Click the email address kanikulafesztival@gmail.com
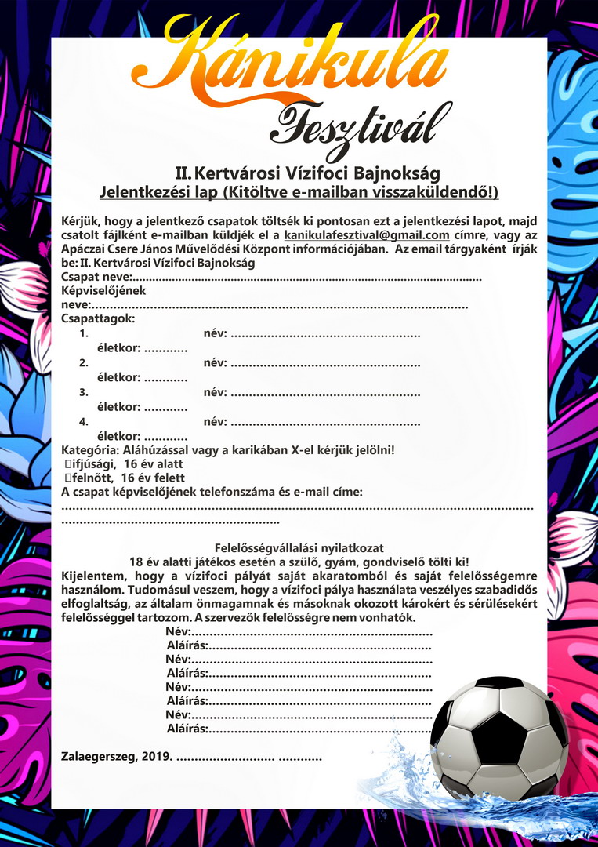click(x=366, y=235)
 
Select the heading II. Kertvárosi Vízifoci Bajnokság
click(x=307, y=173)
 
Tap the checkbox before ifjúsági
click(x=68, y=463)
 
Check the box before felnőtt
click(x=68, y=478)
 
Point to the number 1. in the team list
click(x=84, y=334)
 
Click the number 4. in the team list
click(x=84, y=422)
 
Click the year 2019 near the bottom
click(x=158, y=757)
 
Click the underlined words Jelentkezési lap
click(x=160, y=192)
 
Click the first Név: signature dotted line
click(x=313, y=631)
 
